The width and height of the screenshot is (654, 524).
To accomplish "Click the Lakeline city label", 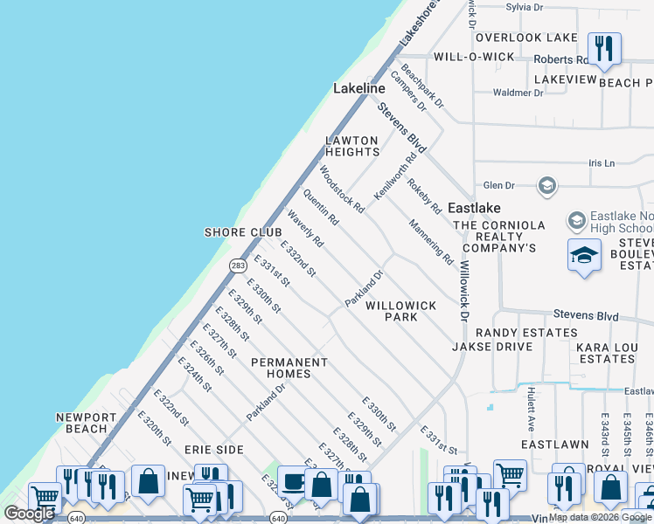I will [358, 89].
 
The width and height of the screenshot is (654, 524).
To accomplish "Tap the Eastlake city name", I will [474, 208].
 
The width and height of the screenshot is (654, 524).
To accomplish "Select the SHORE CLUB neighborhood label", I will [243, 232].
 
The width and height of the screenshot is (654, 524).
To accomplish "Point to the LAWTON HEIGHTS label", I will [351, 146].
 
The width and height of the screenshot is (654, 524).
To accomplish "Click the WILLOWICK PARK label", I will [400, 311].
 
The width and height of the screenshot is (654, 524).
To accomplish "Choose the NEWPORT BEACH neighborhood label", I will [80, 423].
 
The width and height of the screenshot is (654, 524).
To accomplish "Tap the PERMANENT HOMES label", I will [289, 368].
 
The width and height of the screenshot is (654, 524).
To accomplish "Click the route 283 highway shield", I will [238, 265].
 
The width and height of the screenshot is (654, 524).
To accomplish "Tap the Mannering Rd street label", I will [431, 242].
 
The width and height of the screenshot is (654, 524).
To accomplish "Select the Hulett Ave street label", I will [531, 410].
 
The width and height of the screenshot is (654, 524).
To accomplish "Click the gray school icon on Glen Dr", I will [547, 185].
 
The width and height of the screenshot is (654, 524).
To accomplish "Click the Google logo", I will [29, 514].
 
